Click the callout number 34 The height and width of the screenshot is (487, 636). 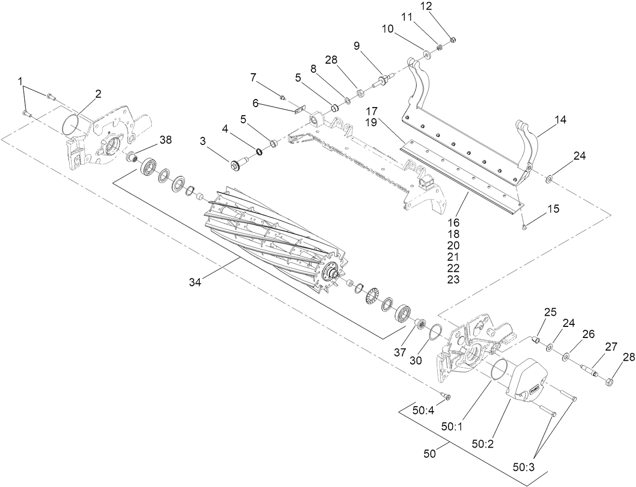point(195,282)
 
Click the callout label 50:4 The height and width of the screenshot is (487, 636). point(424,410)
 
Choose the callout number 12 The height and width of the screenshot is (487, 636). point(426,7)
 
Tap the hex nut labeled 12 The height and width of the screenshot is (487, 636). point(452,39)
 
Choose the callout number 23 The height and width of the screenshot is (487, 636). point(453,279)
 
